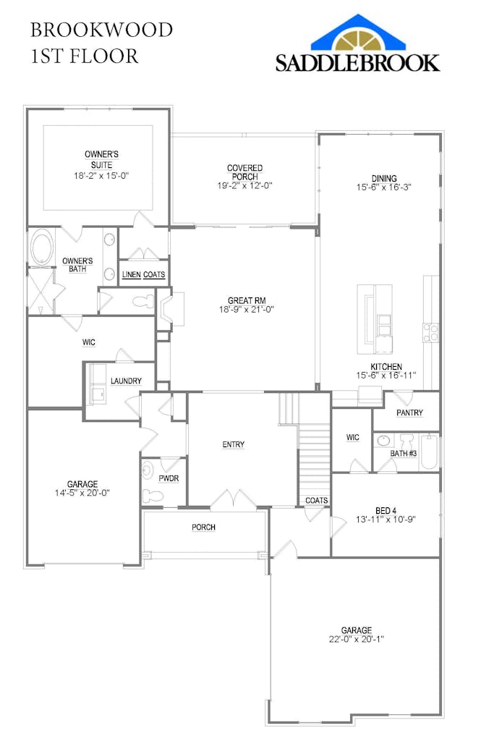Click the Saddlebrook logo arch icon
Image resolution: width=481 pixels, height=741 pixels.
[x=357, y=38]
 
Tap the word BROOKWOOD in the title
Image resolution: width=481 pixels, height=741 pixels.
[x=101, y=30]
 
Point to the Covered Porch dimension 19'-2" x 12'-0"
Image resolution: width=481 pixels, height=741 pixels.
[x=244, y=185]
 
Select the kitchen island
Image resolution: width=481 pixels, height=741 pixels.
[x=374, y=313]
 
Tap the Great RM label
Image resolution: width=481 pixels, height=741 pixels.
[x=244, y=300]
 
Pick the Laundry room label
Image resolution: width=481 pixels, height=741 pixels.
[x=126, y=381]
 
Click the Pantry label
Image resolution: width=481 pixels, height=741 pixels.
[x=409, y=413]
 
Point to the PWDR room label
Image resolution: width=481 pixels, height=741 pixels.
[x=169, y=478]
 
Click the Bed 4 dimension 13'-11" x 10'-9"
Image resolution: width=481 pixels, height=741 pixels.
[x=386, y=519]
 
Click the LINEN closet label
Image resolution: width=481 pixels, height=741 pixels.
[x=131, y=275]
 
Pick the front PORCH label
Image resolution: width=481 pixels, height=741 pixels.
[x=203, y=528]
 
